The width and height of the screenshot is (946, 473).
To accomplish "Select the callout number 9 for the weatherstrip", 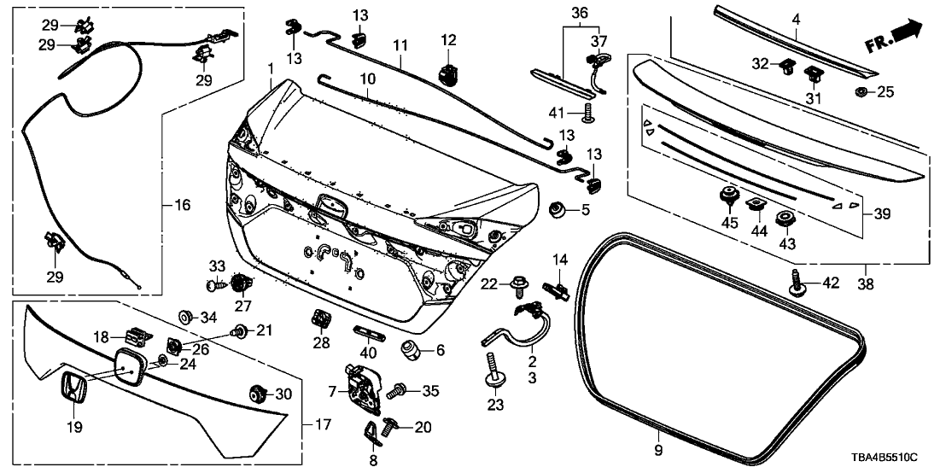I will click(657, 449).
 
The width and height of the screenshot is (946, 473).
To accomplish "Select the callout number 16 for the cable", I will click(182, 205).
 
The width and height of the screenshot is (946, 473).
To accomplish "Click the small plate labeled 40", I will click(365, 331).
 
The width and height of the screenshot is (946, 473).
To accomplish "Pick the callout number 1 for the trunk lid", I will click(270, 67).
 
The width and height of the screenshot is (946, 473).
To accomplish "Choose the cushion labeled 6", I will click(412, 348).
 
